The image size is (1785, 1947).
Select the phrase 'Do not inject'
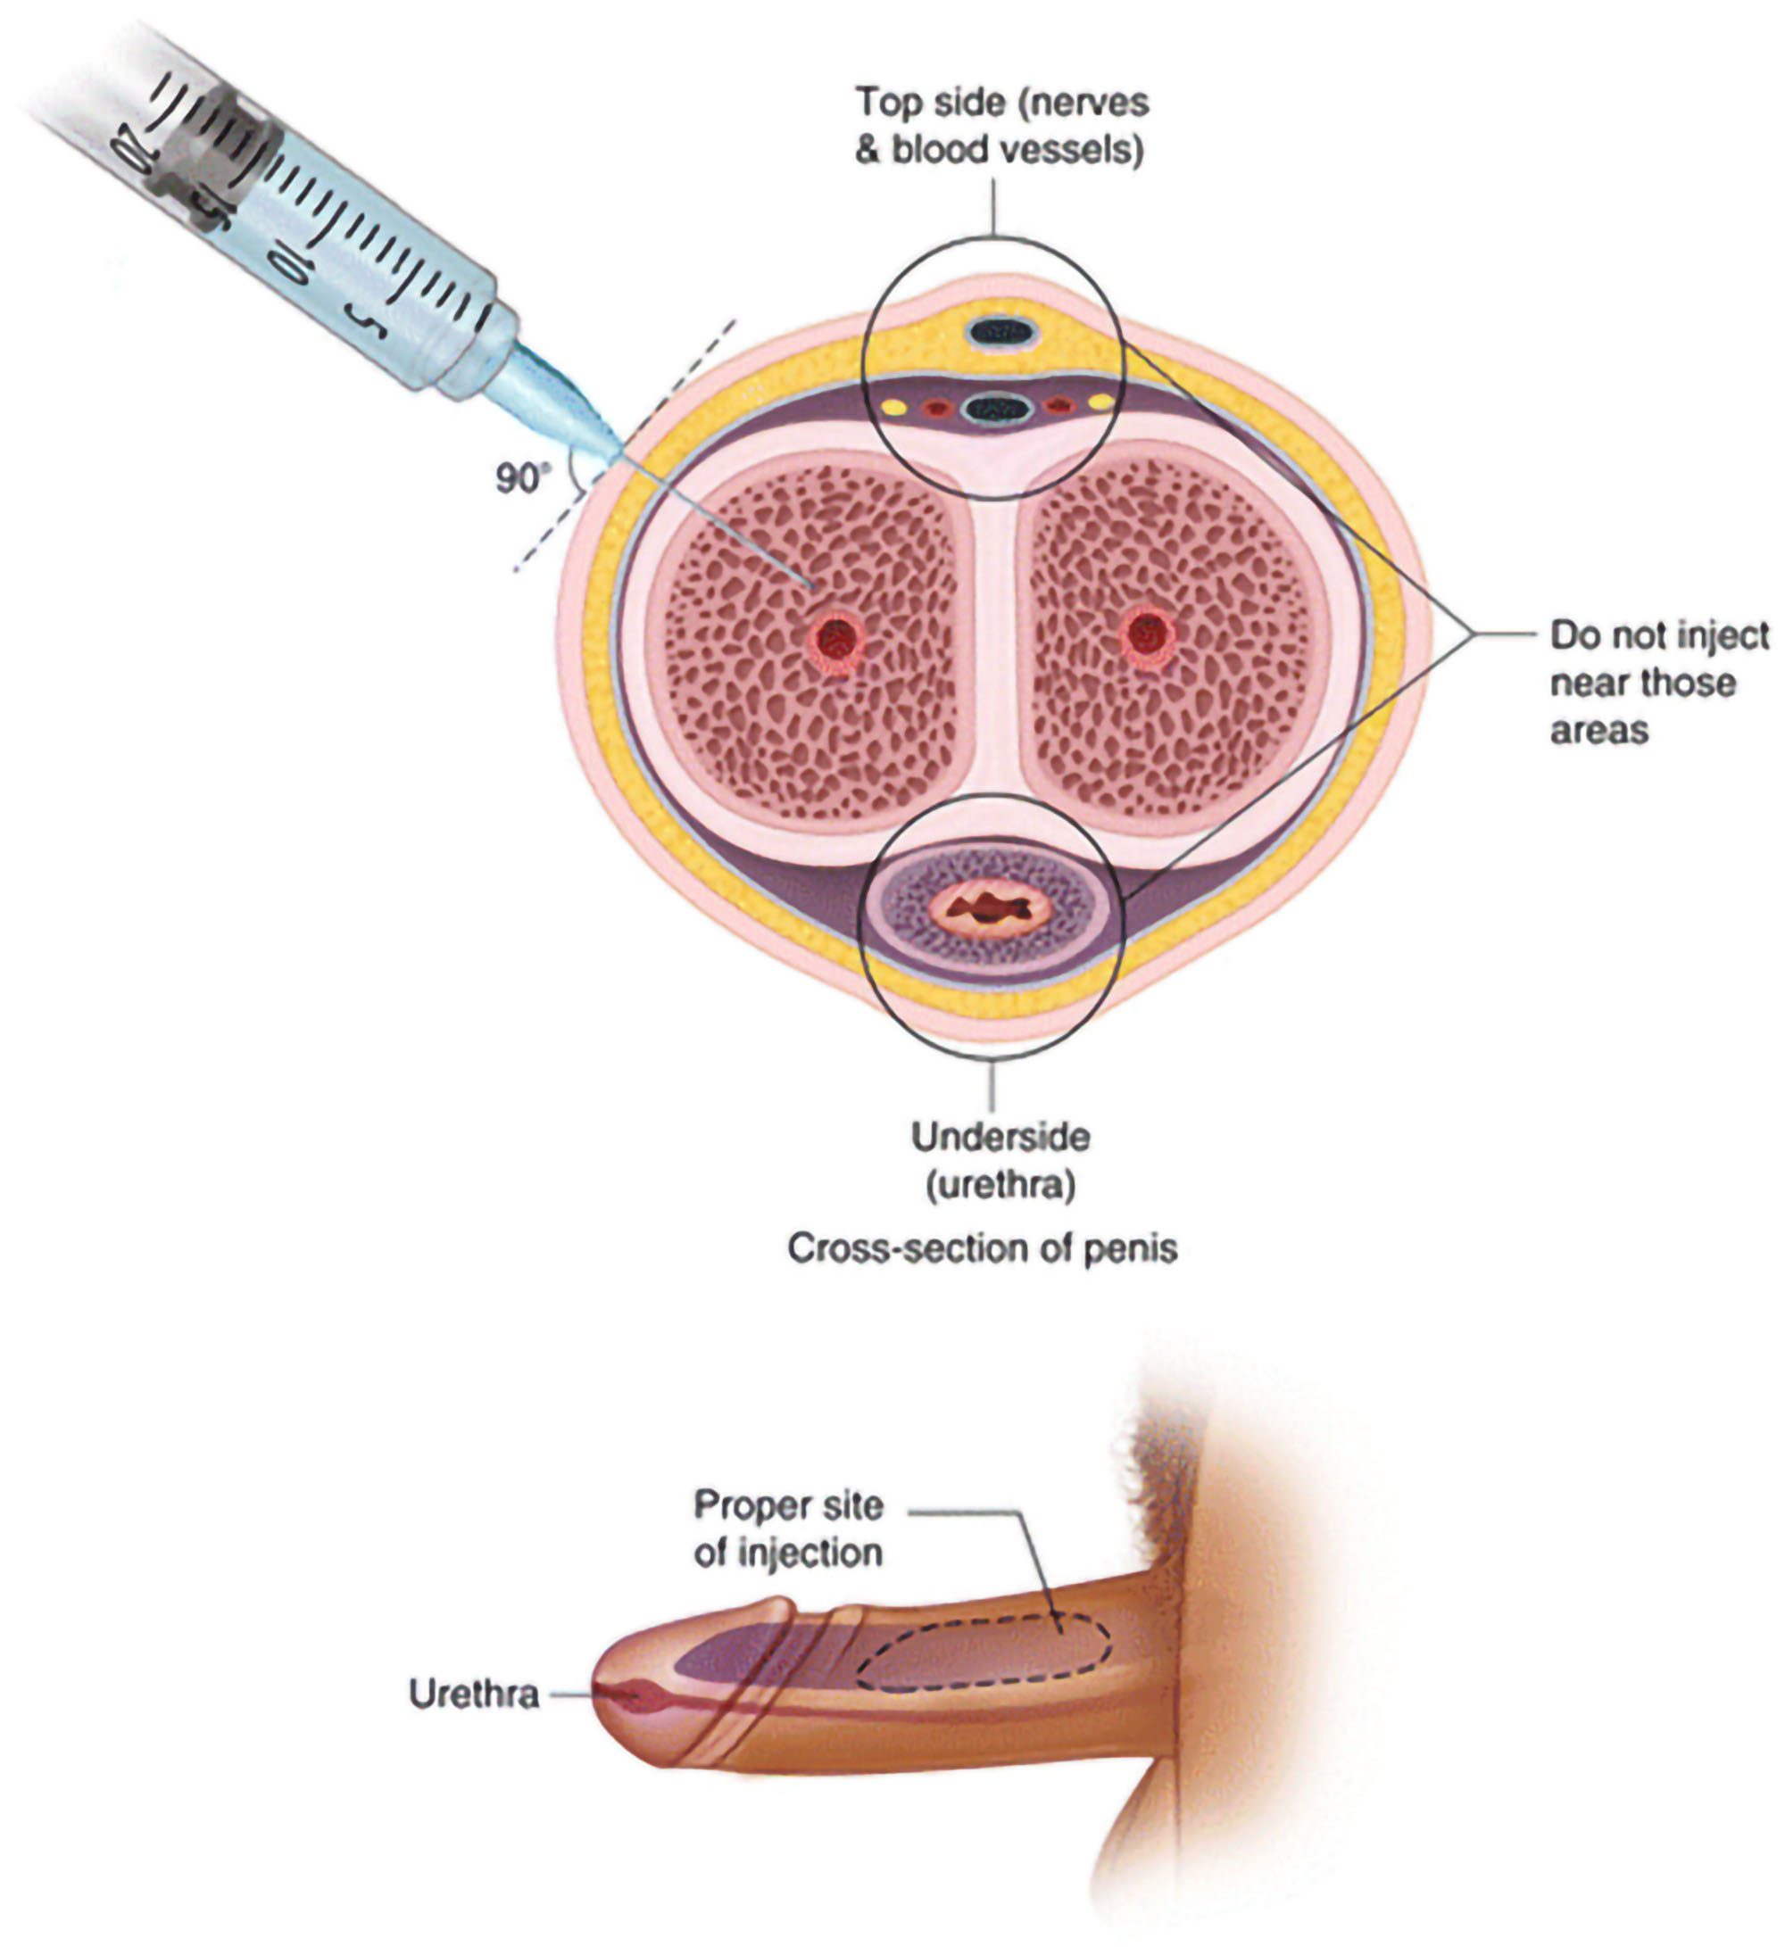[1658, 635]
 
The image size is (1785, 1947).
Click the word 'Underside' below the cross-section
[1000, 1137]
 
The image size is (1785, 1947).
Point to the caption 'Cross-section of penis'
[983, 1248]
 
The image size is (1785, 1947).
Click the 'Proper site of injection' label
[788, 1529]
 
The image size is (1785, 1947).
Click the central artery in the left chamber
[836, 638]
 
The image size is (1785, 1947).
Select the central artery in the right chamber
[1148, 635]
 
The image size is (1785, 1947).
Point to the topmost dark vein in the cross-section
[1000, 333]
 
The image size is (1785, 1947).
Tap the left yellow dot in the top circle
[895, 408]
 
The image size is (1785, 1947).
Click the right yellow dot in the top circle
[1100, 401]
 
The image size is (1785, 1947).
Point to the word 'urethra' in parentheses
[1000, 1185]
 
